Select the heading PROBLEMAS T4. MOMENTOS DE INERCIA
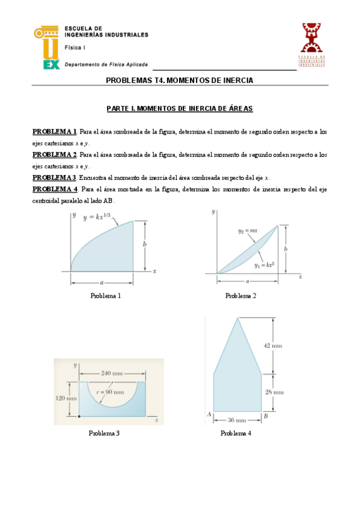[180, 80]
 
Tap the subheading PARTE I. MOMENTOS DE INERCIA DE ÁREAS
[180, 109]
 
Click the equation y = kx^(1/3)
[101, 217]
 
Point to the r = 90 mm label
[112, 392]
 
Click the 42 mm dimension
[273, 345]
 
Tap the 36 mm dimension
[237, 420]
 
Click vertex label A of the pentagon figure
[209, 414]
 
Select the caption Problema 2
[240, 296]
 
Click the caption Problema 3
[104, 433]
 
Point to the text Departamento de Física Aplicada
[106, 64]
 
